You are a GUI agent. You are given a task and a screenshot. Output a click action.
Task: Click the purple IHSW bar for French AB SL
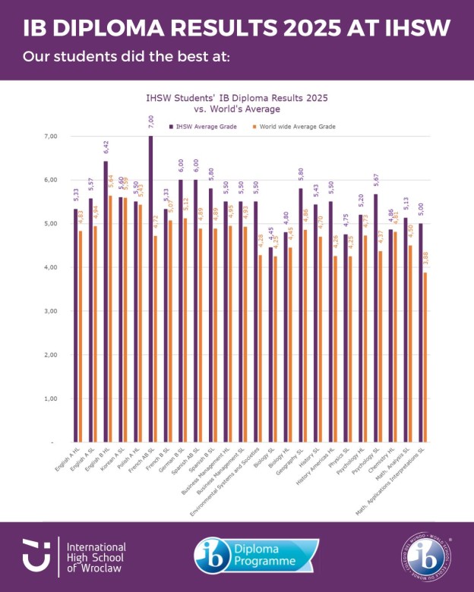(x=150, y=288)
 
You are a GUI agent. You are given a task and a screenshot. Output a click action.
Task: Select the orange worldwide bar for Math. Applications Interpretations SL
(x=425, y=357)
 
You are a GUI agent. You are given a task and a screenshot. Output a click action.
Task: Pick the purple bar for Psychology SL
(x=374, y=318)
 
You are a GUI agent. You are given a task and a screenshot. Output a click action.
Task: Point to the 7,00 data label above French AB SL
(x=150, y=122)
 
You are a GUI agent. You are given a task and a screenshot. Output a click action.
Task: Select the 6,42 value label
(x=105, y=147)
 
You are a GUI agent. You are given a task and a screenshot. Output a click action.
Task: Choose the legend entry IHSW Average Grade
(x=201, y=126)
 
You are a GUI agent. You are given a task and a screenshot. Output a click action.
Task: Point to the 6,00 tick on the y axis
(x=52, y=180)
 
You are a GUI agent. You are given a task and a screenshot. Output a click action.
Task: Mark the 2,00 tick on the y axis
(x=52, y=354)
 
